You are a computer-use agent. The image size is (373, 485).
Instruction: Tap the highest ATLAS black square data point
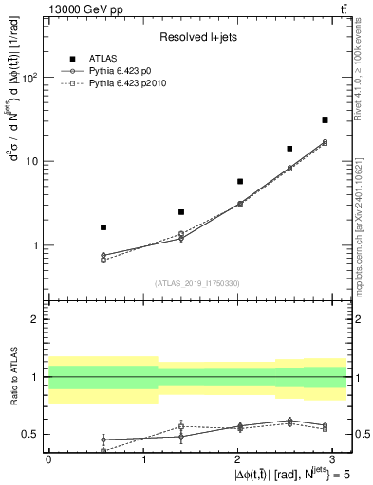coord(325,120)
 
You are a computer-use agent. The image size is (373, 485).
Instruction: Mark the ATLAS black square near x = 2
coord(240,181)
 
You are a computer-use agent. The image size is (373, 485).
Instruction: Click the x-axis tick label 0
coord(48,459)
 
